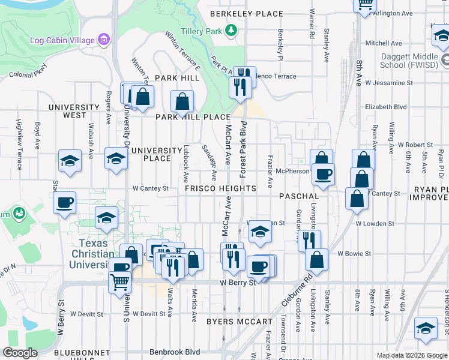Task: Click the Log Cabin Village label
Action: pos(62,40)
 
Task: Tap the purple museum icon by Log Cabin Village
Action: pos(104,40)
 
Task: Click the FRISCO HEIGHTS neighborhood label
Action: pos(220,188)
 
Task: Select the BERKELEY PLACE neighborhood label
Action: pos(246,14)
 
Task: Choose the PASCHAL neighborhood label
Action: pos(299,196)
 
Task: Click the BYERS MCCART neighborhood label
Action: pos(239,322)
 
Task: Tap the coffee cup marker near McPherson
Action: pos(324,175)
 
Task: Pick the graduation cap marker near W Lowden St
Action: pos(259,232)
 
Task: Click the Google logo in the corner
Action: pos(20,353)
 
